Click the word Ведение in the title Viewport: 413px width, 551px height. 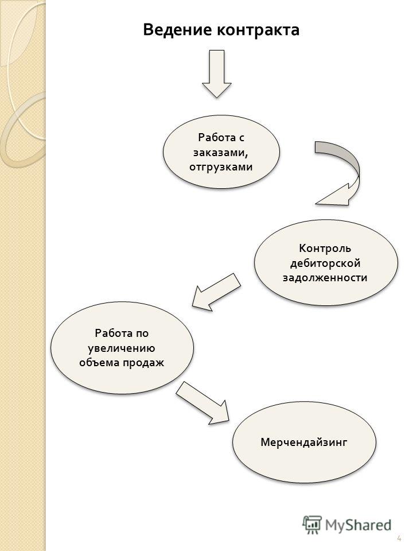coord(178,30)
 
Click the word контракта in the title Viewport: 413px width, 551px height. coord(258,30)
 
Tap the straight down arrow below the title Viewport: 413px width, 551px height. coord(217,74)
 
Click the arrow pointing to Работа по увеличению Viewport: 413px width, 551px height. coord(216,292)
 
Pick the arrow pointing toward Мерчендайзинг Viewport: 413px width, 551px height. coord(202,403)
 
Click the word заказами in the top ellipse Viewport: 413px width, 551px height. coord(219,153)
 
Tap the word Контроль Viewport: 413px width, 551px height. coord(325,249)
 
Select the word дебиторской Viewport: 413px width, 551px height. coord(325,263)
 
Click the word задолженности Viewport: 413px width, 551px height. coord(325,278)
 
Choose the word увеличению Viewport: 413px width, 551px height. coord(122,348)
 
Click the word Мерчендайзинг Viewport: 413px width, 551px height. coord(304,443)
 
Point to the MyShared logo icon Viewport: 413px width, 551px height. coord(312,525)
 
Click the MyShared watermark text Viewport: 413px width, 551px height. coord(358,525)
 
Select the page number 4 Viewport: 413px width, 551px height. coord(399,539)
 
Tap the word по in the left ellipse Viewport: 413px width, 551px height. coord(142,333)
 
